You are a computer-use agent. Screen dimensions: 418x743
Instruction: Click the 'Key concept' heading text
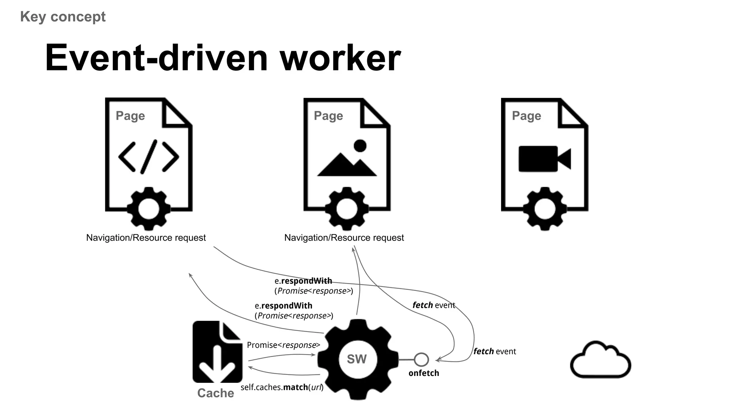[63, 17]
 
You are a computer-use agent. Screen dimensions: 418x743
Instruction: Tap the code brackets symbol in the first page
[149, 157]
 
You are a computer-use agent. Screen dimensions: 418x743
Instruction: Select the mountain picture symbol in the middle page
[347, 159]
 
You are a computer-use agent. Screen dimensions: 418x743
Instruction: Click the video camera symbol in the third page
[544, 159]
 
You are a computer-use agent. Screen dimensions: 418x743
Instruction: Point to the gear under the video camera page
[545, 209]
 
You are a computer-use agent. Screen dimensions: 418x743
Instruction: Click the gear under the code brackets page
[149, 209]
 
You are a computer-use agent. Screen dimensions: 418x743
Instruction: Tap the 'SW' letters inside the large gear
[357, 359]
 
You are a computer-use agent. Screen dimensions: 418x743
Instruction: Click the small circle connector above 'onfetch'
[421, 360]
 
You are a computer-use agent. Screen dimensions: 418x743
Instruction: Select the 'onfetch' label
[424, 373]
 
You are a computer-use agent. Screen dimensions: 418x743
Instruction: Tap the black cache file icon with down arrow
[217, 352]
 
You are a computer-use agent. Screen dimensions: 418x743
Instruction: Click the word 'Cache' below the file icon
[215, 393]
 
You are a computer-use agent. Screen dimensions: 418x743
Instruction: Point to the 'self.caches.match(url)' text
[282, 387]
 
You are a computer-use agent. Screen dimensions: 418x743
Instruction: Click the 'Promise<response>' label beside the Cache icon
[283, 345]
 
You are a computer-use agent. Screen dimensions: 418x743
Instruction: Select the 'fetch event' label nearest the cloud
[494, 351]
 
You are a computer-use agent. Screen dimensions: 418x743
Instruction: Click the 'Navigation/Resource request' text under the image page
[344, 238]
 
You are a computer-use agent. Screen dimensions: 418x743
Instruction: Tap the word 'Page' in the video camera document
[526, 116]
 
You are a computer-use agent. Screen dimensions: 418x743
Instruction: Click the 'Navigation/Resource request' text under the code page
[146, 238]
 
